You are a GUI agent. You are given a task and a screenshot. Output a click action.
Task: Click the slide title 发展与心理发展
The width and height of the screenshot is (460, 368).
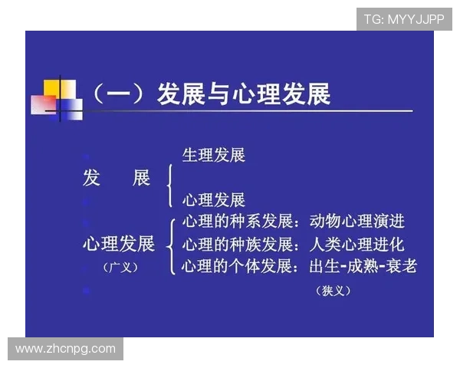click(244, 94)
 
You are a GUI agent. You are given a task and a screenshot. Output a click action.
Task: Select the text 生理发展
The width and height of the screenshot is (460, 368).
click(213, 155)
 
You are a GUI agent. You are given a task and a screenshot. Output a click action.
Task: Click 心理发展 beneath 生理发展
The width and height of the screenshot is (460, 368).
click(213, 200)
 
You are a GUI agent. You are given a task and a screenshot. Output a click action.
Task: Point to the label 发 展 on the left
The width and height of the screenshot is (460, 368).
click(116, 178)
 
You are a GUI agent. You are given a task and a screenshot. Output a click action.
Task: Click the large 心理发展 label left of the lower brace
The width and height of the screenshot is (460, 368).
click(118, 244)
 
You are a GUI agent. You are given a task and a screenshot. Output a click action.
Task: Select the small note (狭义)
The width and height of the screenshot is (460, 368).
click(333, 291)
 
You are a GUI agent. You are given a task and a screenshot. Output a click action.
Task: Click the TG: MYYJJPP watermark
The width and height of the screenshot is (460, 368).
click(404, 18)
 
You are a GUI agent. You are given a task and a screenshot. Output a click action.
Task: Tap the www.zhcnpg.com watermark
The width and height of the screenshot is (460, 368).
click(66, 349)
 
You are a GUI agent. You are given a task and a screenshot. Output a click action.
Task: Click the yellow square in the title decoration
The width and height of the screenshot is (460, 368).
click(53, 87)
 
